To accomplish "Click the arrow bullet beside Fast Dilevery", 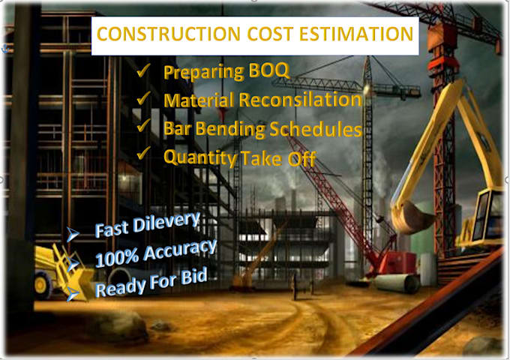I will (74, 235).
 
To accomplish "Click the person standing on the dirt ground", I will (294, 286).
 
